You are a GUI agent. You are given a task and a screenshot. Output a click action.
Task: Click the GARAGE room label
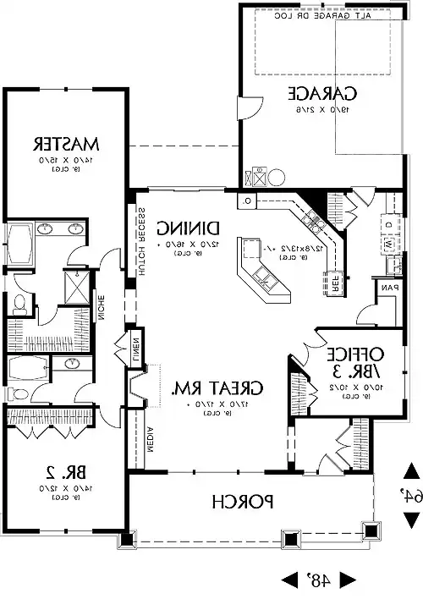[x=321, y=93]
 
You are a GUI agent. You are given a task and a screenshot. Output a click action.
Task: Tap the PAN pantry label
[x=389, y=289]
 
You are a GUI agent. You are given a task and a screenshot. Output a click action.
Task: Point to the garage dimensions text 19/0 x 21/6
[x=321, y=109]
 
